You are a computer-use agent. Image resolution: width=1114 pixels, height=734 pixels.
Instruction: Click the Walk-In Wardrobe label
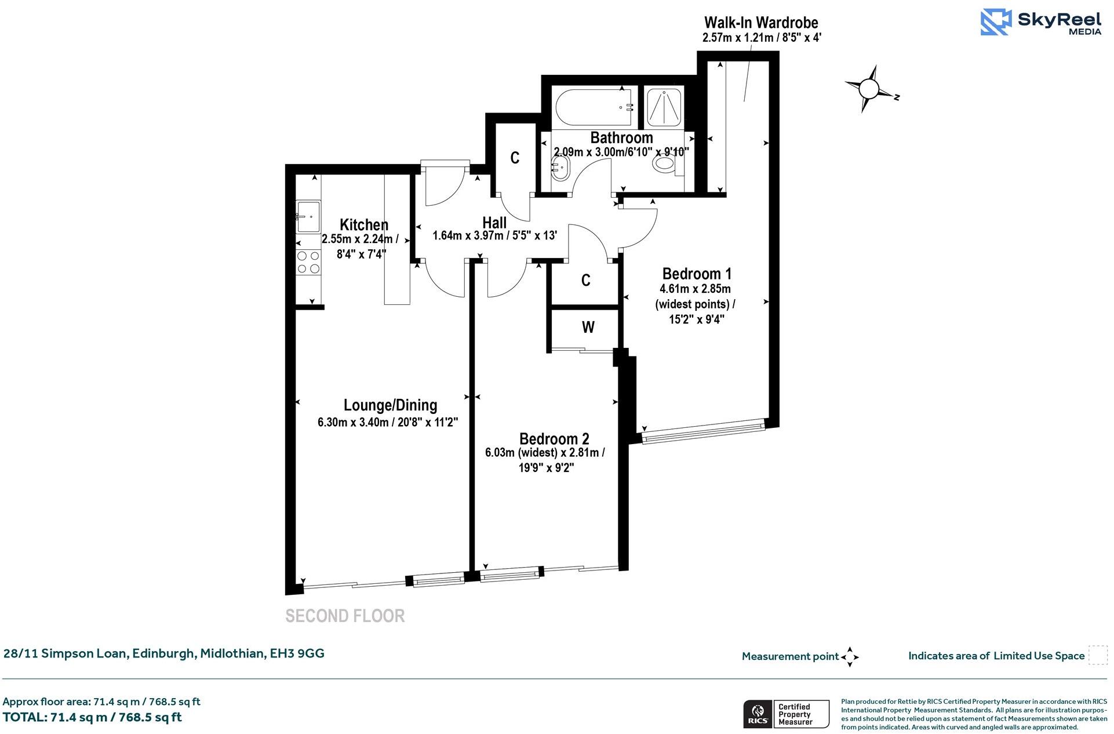click(x=760, y=23)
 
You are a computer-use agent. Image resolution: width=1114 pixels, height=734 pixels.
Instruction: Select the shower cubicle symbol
click(x=664, y=107)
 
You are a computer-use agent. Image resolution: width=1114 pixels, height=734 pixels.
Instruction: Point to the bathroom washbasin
click(x=560, y=170)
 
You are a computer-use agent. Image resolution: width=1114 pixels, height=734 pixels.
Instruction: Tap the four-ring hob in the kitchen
click(x=308, y=261)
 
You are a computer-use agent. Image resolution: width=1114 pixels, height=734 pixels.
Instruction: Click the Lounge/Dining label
click(x=390, y=405)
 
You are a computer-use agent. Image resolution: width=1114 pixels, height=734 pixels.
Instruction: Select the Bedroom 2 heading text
click(x=554, y=439)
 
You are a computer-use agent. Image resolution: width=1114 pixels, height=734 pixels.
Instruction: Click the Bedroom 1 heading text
click(x=697, y=273)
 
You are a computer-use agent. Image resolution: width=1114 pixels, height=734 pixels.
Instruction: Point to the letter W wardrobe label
click(x=588, y=328)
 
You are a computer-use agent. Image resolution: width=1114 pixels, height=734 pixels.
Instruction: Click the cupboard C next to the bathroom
click(x=515, y=158)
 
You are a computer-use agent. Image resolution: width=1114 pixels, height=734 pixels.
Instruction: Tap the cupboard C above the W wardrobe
click(x=585, y=281)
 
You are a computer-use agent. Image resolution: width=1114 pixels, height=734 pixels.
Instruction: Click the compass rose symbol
click(x=869, y=89)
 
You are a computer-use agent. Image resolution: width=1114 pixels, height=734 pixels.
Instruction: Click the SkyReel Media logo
click(x=1041, y=22)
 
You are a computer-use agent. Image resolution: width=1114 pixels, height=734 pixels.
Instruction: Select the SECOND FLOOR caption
click(x=345, y=616)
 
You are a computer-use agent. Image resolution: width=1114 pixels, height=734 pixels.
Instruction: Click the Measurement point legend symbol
click(x=850, y=657)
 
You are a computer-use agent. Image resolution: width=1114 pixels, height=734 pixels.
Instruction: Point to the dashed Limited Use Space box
click(x=1097, y=655)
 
